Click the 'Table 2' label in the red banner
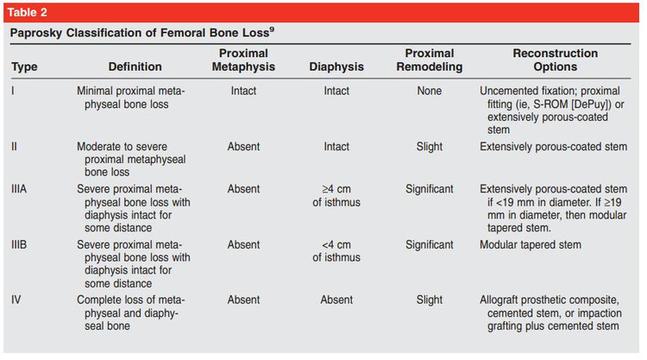tap(28, 12)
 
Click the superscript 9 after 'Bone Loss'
tap(272, 29)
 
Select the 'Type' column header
tap(24, 66)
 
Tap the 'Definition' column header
tap(135, 66)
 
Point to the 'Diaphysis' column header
tap(336, 66)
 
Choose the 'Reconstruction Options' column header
tap(555, 60)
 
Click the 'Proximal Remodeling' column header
tap(429, 60)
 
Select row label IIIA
tap(19, 189)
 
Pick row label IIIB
tap(19, 245)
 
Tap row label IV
tap(16, 300)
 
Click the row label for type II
tap(14, 147)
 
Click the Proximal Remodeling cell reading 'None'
tap(429, 91)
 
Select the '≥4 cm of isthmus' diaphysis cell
tap(336, 196)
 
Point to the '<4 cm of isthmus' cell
tap(336, 251)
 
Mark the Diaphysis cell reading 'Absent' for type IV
tap(336, 300)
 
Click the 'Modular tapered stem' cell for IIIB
tap(531, 245)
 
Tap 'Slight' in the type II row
tap(429, 147)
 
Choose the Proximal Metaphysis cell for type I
tap(243, 91)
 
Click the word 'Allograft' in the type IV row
tap(499, 300)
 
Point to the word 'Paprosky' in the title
tap(36, 33)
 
